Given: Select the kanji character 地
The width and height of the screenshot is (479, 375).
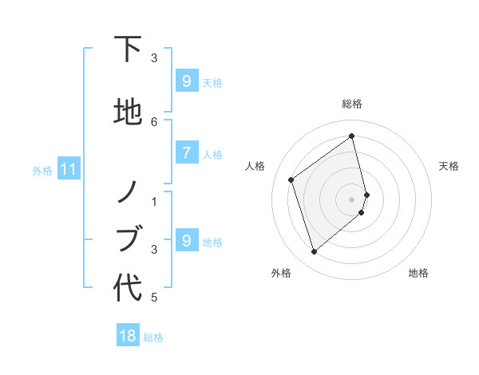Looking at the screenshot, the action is coord(128,112).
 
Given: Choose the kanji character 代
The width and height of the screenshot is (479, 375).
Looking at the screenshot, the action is coord(128,288).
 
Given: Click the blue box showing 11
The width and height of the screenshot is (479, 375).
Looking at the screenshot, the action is coord(68,169).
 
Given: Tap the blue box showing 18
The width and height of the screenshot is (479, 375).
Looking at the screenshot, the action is coord(127,336).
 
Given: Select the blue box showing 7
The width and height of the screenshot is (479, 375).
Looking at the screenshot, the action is coord(186,153).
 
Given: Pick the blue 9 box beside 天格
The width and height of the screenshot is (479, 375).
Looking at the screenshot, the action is coord(186,81).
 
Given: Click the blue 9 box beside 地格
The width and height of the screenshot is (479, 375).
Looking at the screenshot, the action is coord(186,241).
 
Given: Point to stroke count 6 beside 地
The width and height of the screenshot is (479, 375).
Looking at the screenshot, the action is coord(154,121).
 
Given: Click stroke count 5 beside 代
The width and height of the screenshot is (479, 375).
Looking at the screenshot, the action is coord(154,298).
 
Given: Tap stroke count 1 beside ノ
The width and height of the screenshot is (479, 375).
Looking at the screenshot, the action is coord(154,201).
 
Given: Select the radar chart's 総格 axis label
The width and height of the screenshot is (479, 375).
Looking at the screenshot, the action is coord(352,104).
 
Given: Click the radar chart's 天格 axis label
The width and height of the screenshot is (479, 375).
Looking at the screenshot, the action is coord(449,166).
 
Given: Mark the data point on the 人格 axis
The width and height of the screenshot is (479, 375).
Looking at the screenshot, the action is coord(291,180).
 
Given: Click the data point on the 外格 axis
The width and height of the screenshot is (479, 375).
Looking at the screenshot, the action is coord(314,252).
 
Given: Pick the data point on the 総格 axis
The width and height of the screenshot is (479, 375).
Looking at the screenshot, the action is coord(352,136).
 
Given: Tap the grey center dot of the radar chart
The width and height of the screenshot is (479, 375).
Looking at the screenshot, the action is coord(352,198).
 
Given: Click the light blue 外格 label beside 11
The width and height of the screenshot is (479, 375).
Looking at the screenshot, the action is coord(42,170).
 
